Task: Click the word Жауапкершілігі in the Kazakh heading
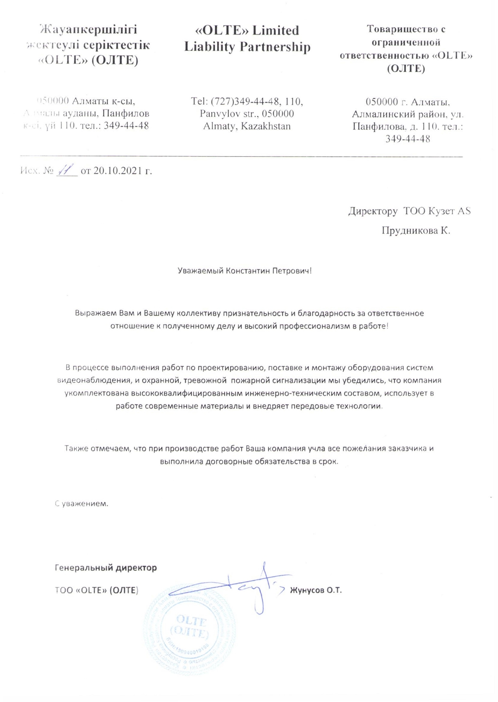click(x=89, y=30)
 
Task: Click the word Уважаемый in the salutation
click(x=200, y=271)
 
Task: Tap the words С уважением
click(x=81, y=504)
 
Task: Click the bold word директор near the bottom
click(x=136, y=568)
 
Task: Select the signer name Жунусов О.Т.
click(x=315, y=590)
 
